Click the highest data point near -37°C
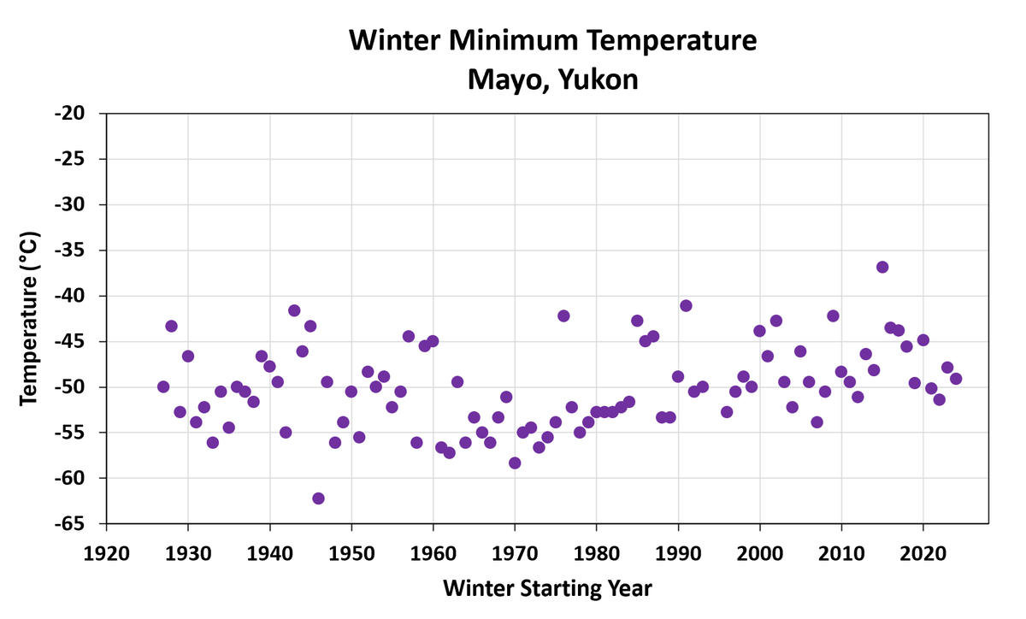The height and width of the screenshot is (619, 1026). coord(882,267)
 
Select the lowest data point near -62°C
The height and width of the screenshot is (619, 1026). coord(318,498)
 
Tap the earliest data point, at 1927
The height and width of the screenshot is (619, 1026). coord(163,386)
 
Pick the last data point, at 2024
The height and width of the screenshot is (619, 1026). coord(956,379)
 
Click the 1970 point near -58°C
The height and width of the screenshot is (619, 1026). coord(515,463)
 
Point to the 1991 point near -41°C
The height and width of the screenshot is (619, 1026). coord(686,305)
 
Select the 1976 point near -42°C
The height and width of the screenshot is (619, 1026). coord(563,315)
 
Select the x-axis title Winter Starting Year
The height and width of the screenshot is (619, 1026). coord(548,588)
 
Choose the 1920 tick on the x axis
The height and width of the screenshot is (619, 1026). coord(107,545)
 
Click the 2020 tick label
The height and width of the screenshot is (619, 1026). coord(923,545)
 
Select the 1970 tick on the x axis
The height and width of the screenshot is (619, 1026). coord(515,545)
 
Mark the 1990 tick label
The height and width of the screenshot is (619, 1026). coord(678,545)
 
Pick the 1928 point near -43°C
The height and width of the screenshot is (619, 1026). coord(171,326)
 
